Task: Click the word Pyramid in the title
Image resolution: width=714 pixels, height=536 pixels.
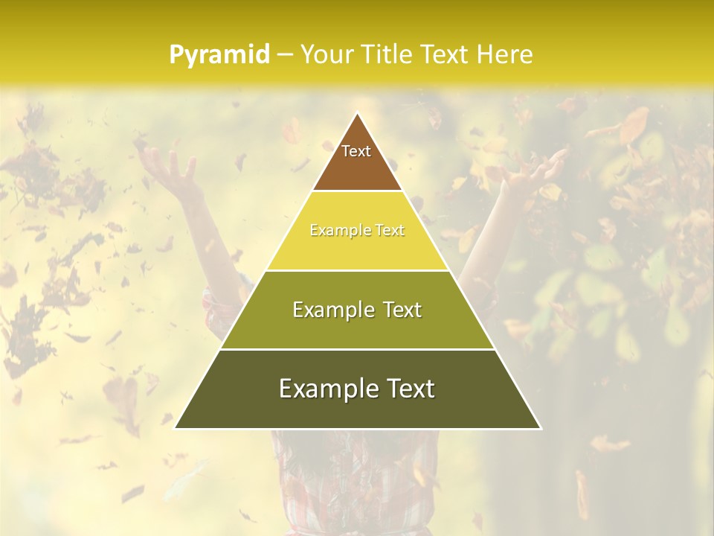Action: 219,55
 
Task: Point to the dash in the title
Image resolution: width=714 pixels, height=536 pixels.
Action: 285,55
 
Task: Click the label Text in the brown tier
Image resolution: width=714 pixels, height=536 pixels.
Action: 356,151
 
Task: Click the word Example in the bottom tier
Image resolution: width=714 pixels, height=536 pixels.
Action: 325,389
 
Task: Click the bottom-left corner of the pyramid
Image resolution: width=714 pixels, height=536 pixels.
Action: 176,428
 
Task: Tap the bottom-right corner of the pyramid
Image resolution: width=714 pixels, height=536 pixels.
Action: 540,428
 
